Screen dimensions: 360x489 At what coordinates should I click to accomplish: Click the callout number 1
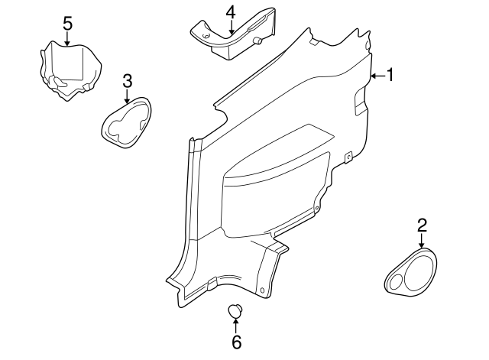tap(390, 75)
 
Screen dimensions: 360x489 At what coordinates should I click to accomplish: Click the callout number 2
tap(422, 225)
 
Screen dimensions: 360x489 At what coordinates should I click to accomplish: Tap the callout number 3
tap(128, 81)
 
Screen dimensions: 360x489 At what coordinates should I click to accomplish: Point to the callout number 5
tap(67, 23)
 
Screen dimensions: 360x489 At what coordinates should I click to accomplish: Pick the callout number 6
tap(236, 342)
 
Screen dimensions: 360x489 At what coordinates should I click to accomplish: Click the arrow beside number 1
tap(377, 76)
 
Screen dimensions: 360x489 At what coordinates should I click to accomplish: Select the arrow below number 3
tap(128, 96)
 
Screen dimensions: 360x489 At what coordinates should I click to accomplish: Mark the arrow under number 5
tap(67, 38)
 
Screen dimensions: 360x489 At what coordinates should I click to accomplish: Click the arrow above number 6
tap(236, 325)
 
